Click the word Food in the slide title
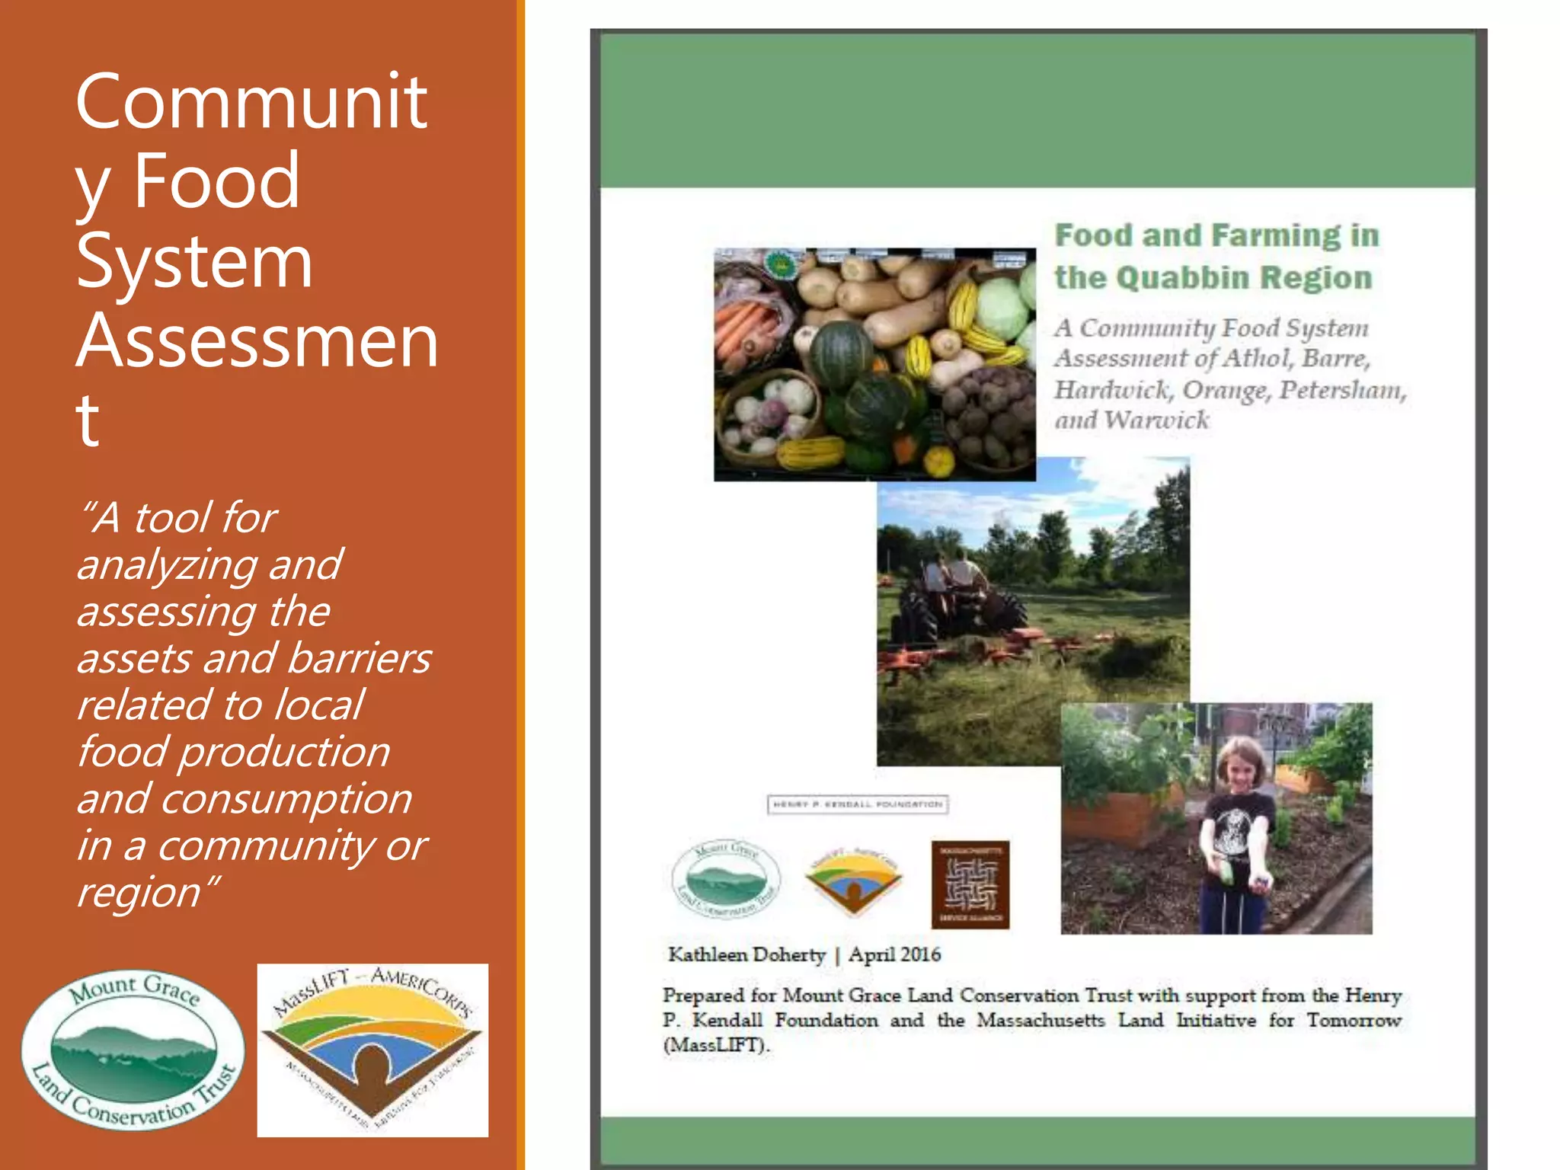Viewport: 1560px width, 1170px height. (x=216, y=181)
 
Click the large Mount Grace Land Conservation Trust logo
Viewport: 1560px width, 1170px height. (x=133, y=1050)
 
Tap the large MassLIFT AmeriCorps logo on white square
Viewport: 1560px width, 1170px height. (x=372, y=1050)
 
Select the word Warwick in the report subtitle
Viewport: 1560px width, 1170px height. (x=1156, y=420)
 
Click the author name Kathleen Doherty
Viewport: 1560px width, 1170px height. (x=746, y=955)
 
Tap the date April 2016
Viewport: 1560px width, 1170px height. (x=895, y=955)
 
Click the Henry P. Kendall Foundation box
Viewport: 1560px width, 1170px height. (x=858, y=804)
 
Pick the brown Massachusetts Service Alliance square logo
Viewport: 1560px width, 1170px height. (x=970, y=884)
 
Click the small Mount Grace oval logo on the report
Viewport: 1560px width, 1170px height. (x=726, y=880)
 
